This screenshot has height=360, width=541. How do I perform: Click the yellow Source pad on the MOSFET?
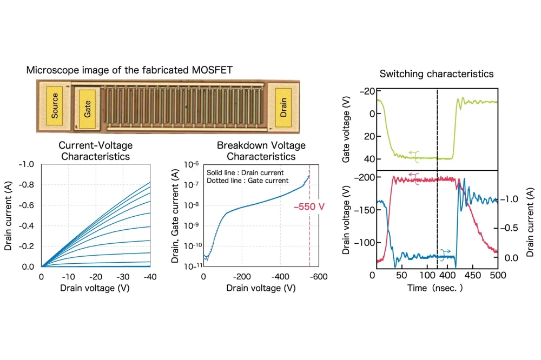pos(54,105)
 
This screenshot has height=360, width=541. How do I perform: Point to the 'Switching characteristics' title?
pos(437,74)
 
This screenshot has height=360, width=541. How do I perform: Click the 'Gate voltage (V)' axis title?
pos(347,129)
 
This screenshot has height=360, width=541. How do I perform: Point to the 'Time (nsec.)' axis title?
pos(435,289)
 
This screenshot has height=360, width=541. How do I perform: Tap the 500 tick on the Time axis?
pos(497,276)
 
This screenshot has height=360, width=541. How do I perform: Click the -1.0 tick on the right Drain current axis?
pos(510,199)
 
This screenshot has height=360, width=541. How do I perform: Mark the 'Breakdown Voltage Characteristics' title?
pos(261,151)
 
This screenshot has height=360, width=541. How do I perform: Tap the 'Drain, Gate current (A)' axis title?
pos(176,215)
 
